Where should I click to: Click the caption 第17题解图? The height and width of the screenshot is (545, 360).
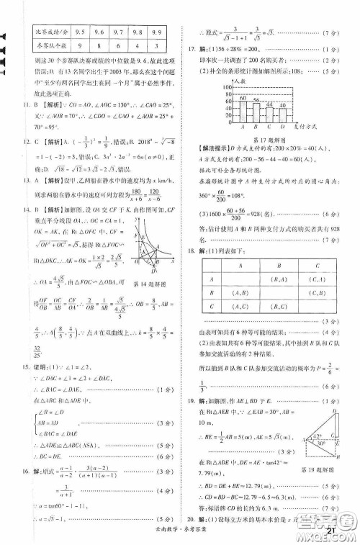270,141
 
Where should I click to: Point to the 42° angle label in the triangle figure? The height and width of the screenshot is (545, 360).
319,436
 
